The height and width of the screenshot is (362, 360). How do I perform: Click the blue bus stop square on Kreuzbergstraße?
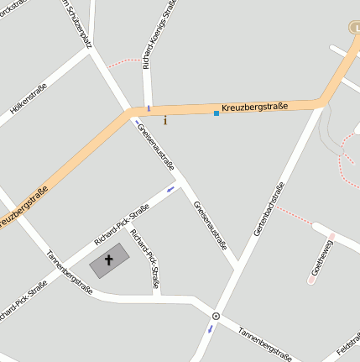pyautogui.click(x=217, y=113)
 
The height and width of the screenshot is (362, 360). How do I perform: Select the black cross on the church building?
pyautogui.click(x=109, y=260)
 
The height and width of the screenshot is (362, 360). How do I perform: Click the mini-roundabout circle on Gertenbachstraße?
pyautogui.click(x=216, y=316)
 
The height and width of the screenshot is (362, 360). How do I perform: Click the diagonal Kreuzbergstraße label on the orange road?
pyautogui.click(x=23, y=207)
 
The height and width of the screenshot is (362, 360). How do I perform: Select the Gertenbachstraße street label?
pyautogui.click(x=269, y=208)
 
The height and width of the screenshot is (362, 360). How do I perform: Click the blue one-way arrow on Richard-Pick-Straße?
pyautogui.click(x=171, y=189)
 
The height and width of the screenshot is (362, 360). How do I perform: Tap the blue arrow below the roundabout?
pyautogui.click(x=211, y=328)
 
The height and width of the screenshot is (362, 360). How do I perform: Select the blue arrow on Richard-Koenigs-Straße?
pyautogui.click(x=149, y=108)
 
